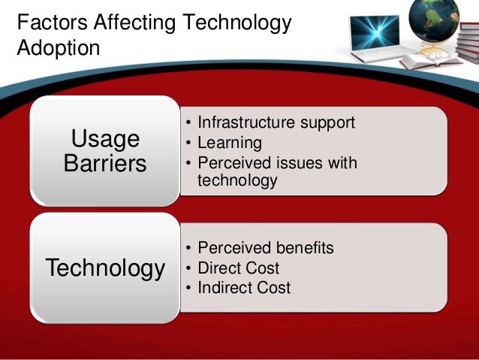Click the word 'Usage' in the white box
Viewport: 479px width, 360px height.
[x=104, y=139]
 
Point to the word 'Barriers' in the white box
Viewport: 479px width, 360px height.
[x=104, y=163]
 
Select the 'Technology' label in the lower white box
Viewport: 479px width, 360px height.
[x=105, y=268]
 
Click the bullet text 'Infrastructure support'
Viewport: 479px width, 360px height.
[x=276, y=123]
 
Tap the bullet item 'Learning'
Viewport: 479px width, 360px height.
[x=229, y=142]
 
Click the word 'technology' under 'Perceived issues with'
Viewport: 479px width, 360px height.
[x=236, y=180]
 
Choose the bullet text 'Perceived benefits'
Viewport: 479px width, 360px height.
[x=265, y=248]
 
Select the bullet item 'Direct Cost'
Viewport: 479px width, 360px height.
[x=238, y=268]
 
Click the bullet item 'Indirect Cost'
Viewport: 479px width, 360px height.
[x=243, y=287]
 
